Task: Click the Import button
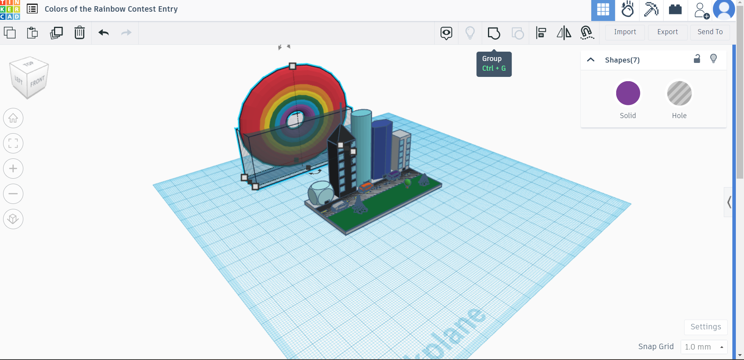pyautogui.click(x=625, y=32)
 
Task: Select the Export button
pyautogui.click(x=667, y=32)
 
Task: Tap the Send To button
pyautogui.click(x=710, y=32)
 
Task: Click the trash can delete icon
pyautogui.click(x=79, y=33)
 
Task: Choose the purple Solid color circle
pyautogui.click(x=628, y=93)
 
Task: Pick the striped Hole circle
pyautogui.click(x=679, y=93)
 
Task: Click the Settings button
pyautogui.click(x=706, y=327)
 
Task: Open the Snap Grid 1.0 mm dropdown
pyautogui.click(x=704, y=347)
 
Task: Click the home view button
pyautogui.click(x=13, y=118)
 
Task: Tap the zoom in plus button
pyautogui.click(x=13, y=169)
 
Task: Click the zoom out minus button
pyautogui.click(x=13, y=194)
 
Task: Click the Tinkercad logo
pyautogui.click(x=10, y=10)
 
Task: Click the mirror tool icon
pyautogui.click(x=564, y=33)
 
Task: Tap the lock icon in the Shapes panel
pyautogui.click(x=697, y=59)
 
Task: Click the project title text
pyautogui.click(x=111, y=9)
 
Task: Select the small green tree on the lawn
pyautogui.click(x=408, y=182)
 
